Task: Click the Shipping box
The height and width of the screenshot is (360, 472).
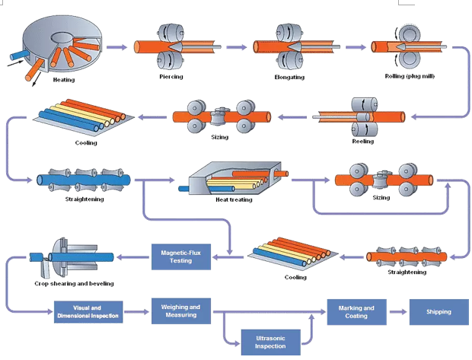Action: [x=439, y=311]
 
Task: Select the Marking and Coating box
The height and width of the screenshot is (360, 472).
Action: [x=357, y=311]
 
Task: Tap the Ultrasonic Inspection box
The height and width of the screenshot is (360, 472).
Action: [x=270, y=342]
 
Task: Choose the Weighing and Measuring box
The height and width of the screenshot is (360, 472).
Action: [x=180, y=311]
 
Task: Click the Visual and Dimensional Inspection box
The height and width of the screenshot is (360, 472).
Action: [x=88, y=312]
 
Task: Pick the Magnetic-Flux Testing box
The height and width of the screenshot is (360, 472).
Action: [x=180, y=256]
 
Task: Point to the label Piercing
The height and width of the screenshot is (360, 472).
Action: [x=171, y=77]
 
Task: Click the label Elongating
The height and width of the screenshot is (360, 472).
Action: [x=289, y=77]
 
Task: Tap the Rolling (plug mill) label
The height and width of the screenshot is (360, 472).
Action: [x=411, y=76]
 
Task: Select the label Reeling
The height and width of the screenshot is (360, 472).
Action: [x=362, y=141]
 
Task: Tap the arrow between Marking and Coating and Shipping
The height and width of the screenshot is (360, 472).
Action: [x=398, y=311]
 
